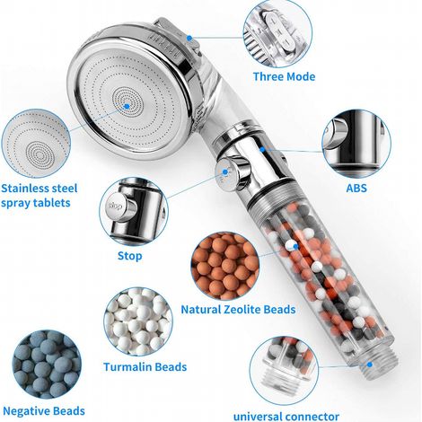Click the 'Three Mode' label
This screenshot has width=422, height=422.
(284, 76)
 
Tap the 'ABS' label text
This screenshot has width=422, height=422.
(356, 189)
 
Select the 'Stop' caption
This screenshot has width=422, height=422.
(130, 256)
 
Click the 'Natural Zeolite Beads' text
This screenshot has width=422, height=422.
(238, 309)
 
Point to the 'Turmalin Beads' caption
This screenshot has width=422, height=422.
(145, 367)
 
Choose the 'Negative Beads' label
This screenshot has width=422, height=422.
(44, 411)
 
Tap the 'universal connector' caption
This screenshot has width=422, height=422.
(286, 417)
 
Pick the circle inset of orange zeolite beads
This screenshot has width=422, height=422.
(225, 266)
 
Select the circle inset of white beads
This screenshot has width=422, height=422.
(138, 321)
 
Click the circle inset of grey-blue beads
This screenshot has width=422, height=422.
(47, 365)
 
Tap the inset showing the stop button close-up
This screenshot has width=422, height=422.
(134, 211)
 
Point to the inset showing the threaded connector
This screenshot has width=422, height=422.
(284, 371)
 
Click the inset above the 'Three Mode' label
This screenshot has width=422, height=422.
(277, 33)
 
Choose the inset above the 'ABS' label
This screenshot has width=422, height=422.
(356, 144)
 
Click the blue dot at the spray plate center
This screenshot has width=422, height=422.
(127, 106)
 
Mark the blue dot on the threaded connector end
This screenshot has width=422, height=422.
(370, 365)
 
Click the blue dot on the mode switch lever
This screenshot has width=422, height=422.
(189, 38)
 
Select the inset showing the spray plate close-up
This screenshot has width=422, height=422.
(36, 144)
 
